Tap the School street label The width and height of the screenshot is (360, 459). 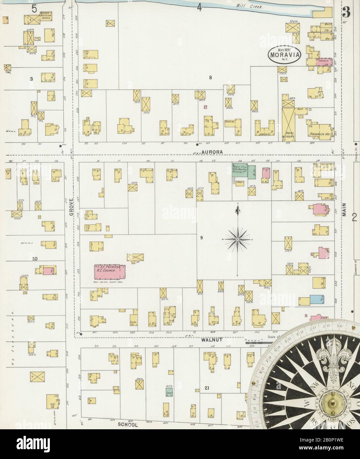[x=127, y=425]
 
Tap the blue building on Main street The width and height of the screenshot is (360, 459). [x=316, y=300]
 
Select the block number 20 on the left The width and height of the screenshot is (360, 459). [x=34, y=259]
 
